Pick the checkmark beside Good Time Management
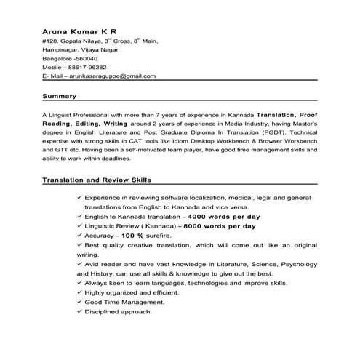[79, 302]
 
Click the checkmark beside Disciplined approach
[79, 311]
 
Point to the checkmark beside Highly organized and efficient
[79, 292]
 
